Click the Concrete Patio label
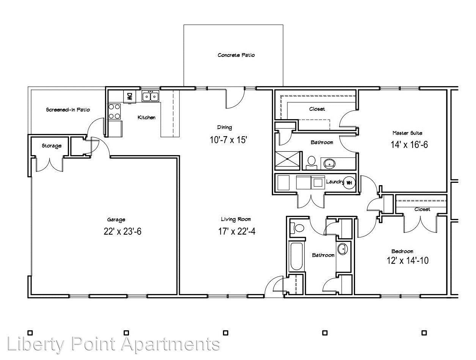click(x=236, y=55)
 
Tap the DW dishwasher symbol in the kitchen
click(x=130, y=96)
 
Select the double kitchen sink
click(x=151, y=96)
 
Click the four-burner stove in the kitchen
click(x=114, y=112)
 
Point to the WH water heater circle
click(x=349, y=183)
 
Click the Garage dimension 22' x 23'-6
click(x=123, y=231)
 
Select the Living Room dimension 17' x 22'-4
click(x=237, y=231)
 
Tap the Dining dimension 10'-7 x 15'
click(x=229, y=140)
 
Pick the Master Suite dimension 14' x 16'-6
click(x=409, y=145)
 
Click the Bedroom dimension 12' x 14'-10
click(x=408, y=261)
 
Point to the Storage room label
click(x=52, y=146)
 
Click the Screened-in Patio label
click(x=68, y=110)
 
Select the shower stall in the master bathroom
click(x=287, y=160)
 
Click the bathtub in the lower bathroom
click(x=297, y=256)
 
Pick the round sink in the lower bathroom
click(x=342, y=249)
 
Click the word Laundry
click(x=335, y=182)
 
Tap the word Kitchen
click(x=147, y=118)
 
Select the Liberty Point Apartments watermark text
click(x=113, y=344)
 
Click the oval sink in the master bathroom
click(x=329, y=163)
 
